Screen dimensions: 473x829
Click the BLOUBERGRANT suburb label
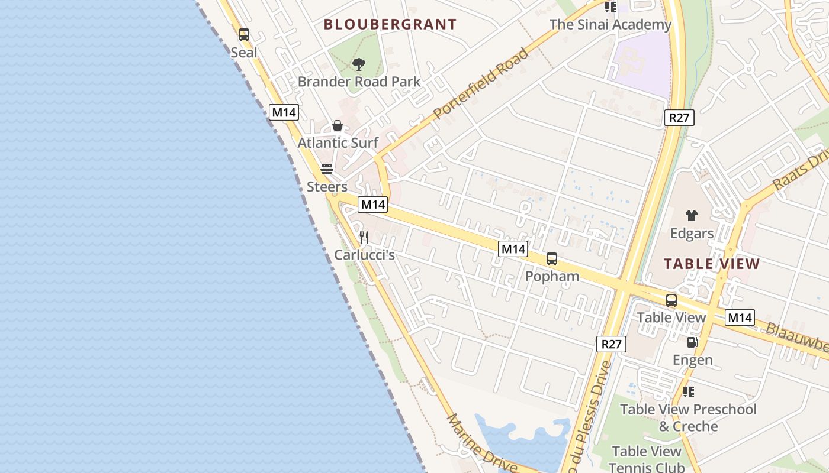tap(390, 24)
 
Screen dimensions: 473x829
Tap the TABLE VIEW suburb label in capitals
tap(711, 264)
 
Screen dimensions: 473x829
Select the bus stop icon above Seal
tap(243, 35)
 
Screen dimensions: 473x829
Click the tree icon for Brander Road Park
tap(358, 64)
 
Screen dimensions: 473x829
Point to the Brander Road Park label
tap(359, 82)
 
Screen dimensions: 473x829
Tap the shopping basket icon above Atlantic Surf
tap(338, 125)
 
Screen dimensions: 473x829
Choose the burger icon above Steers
tap(327, 169)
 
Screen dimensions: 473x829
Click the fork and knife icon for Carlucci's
tap(364, 238)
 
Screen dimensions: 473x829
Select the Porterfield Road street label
tap(480, 85)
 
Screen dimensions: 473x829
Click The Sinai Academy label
tap(610, 25)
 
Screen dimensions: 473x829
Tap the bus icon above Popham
tap(552, 259)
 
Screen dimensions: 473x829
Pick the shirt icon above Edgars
tap(691, 216)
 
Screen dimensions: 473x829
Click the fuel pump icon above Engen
tap(692, 342)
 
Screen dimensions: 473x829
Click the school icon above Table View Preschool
tap(688, 391)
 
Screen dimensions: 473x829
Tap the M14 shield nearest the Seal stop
tap(284, 112)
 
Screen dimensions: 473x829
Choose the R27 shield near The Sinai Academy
tap(679, 118)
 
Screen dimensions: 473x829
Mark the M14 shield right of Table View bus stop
tap(740, 318)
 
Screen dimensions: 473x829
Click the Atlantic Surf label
tap(338, 142)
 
